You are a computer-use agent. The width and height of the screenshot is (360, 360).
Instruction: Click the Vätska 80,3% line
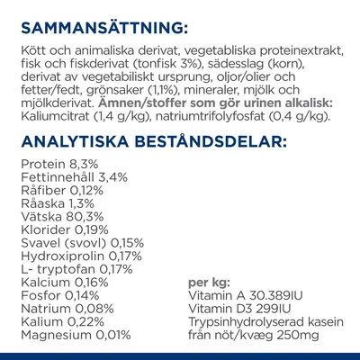point(58,221)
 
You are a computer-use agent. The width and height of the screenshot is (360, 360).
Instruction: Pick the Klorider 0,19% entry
point(61,234)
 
